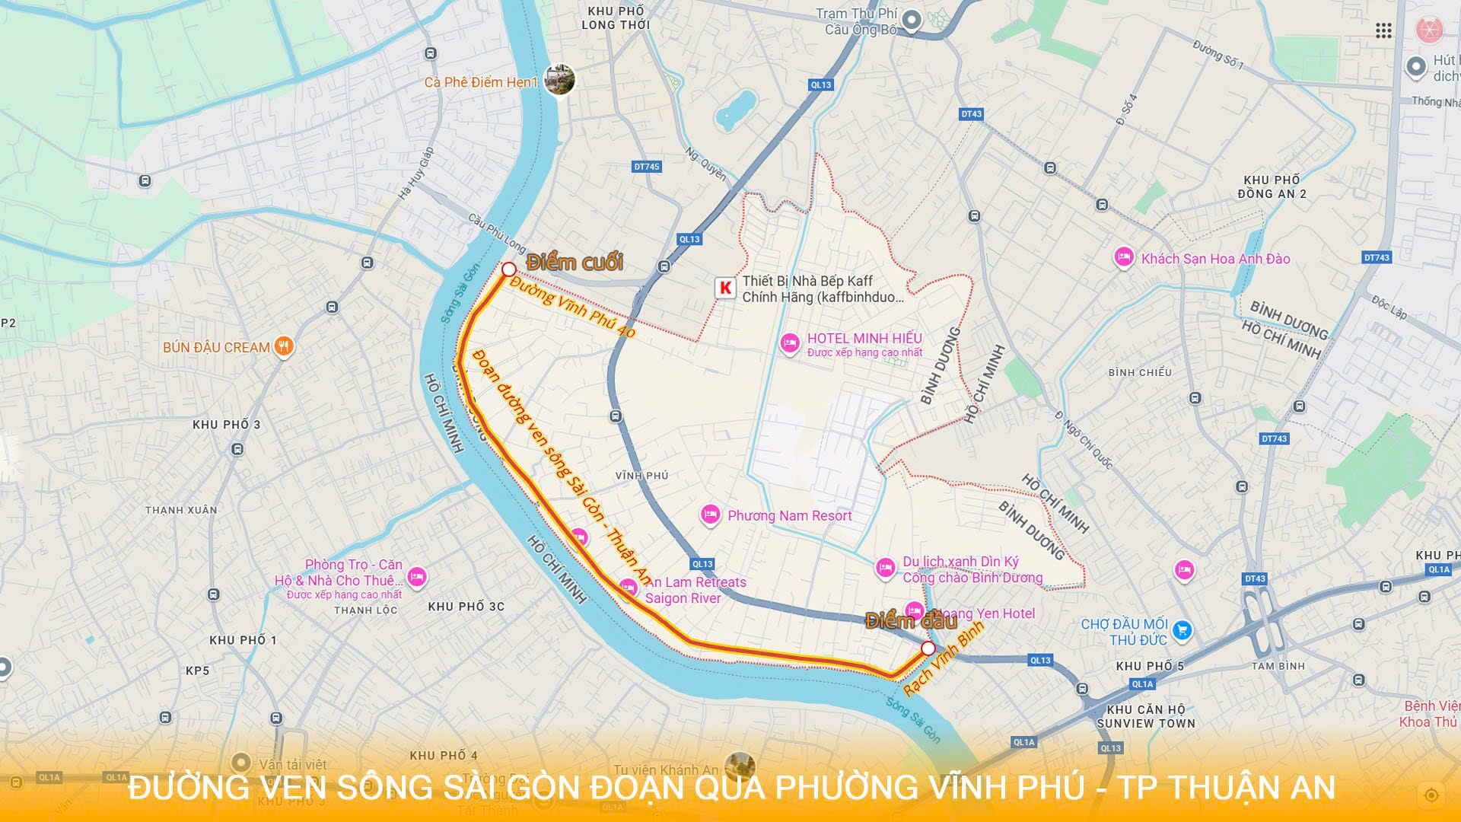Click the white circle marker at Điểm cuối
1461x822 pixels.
point(509,269)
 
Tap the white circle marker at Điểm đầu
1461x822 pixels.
point(928,648)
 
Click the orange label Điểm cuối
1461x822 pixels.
point(575,263)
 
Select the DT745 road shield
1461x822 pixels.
point(647,167)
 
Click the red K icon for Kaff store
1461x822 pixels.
point(725,288)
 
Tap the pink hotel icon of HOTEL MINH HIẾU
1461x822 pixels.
point(790,343)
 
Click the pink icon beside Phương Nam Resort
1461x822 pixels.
point(710,515)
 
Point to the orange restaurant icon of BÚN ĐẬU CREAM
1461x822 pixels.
point(284,347)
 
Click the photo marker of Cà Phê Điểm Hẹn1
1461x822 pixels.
point(559,79)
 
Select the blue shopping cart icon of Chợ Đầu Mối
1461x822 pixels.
point(1182,630)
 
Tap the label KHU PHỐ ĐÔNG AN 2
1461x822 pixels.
point(1272,187)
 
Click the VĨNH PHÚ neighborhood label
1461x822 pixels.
point(641,476)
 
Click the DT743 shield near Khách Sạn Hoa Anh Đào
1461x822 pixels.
point(1377,258)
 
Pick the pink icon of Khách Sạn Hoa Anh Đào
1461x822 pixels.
point(1123,257)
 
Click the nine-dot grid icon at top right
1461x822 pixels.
point(1383,30)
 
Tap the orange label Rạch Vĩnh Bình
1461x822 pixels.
point(944,658)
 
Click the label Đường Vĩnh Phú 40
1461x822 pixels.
point(572,307)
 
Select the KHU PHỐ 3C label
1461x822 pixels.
point(466,607)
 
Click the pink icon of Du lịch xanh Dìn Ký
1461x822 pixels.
point(885,568)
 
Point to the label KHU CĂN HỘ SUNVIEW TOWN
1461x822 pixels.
point(1146,716)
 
